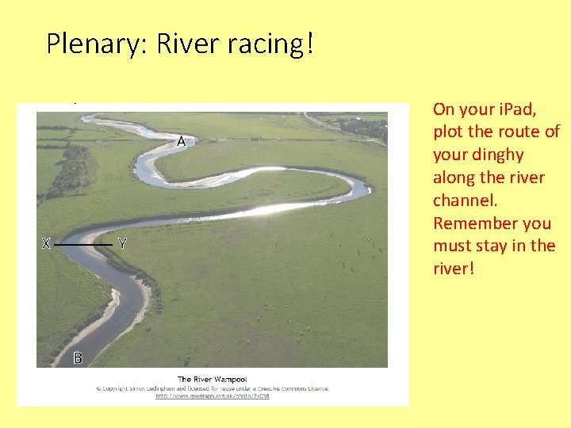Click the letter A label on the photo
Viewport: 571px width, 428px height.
(x=182, y=142)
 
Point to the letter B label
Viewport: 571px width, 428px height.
(x=78, y=358)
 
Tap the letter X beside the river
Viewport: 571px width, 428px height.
(x=46, y=244)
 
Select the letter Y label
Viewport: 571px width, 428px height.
(x=122, y=244)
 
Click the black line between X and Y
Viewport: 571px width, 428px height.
(x=83, y=245)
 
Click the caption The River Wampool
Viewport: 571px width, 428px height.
(x=212, y=380)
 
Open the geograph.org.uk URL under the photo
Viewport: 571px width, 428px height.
(x=212, y=396)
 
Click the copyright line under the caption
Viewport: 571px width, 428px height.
(x=212, y=388)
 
